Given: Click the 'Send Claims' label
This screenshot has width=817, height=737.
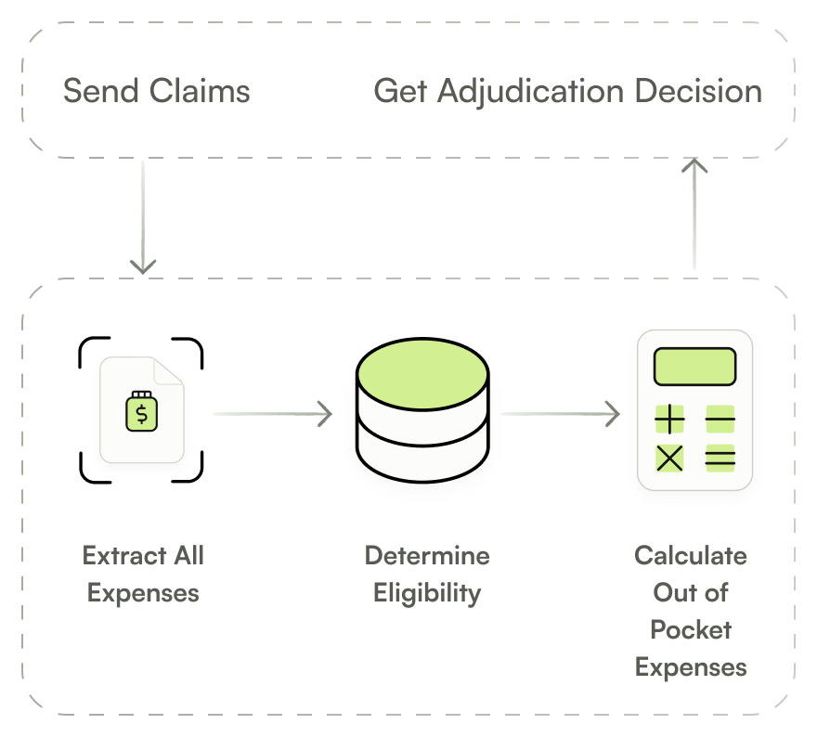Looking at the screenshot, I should [156, 91].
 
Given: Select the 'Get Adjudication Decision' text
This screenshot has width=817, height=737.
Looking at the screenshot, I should [567, 91].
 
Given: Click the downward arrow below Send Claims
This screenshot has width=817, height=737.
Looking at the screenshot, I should [143, 215].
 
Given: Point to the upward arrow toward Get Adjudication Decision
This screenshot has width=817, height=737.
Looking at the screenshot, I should [694, 213].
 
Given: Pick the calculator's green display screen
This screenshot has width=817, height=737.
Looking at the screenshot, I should [694, 367].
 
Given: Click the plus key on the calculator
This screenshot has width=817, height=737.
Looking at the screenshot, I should [669, 420].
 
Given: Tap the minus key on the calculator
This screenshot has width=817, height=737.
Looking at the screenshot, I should [720, 420].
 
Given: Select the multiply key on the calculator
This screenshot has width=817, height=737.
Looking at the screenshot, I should [669, 458].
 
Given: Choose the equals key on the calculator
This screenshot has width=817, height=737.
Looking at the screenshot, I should [720, 458].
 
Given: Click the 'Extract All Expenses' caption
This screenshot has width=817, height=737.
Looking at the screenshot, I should [143, 574].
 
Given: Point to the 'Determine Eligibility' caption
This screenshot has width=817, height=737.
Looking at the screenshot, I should [427, 574].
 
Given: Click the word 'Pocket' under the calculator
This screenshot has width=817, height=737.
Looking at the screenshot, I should [691, 629].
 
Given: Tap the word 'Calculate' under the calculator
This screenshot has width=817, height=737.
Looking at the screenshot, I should [691, 555].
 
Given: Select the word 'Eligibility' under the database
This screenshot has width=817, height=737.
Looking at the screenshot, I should [427, 592].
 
